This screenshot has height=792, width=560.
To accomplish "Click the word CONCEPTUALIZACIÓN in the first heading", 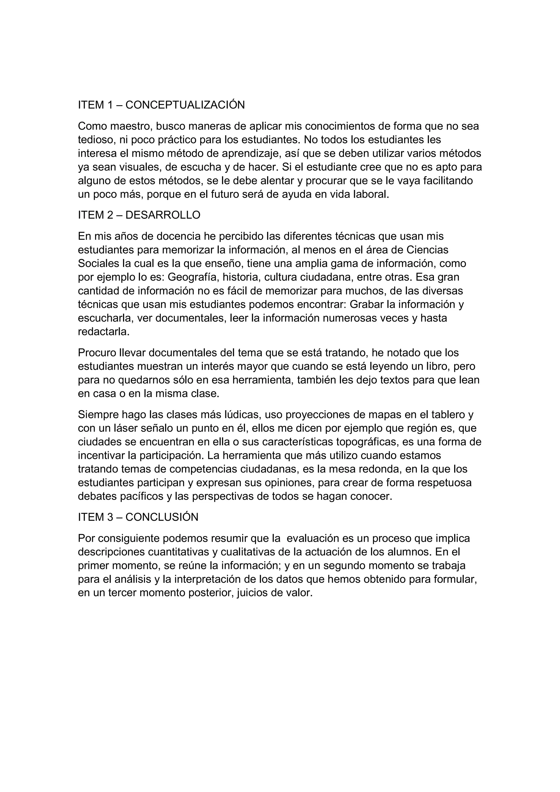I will coord(185,105).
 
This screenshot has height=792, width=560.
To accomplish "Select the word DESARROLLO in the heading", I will coord(163,215).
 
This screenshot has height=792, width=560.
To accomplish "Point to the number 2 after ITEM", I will coord(110,215).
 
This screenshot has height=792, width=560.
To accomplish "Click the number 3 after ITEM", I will coord(110,517).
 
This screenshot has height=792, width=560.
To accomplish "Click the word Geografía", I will coord(192,277).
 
